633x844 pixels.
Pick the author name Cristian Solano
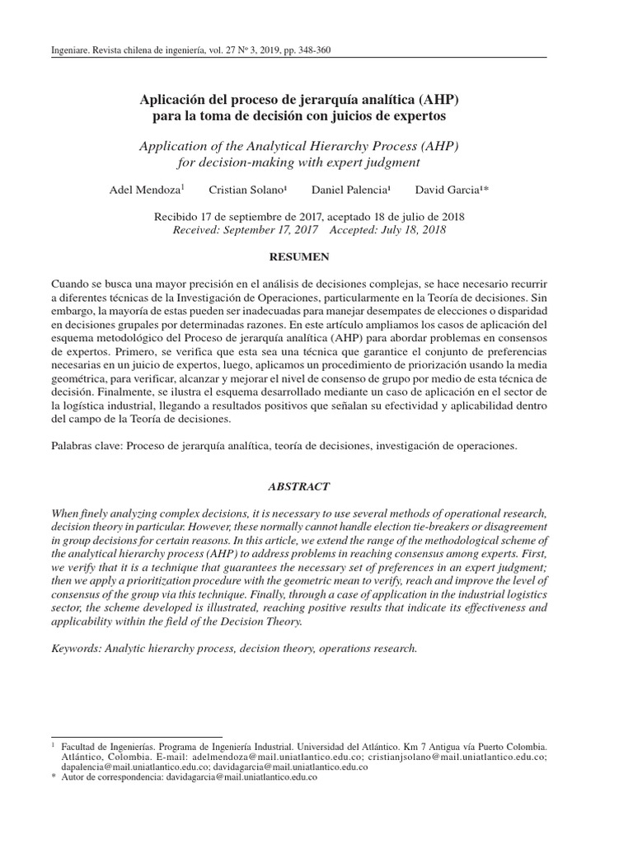(x=246, y=190)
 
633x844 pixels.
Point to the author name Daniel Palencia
(x=349, y=190)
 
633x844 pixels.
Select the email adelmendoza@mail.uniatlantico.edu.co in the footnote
(x=279, y=755)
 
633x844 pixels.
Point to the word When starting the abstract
(x=67, y=513)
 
